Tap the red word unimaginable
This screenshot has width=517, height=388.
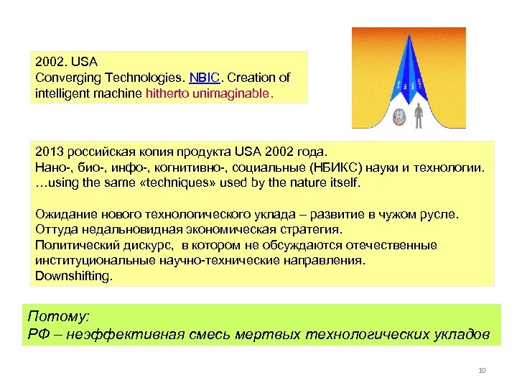point(235,93)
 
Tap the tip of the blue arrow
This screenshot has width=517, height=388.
point(409,36)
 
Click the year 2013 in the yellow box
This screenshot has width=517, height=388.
point(48,152)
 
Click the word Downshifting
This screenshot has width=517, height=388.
point(74,275)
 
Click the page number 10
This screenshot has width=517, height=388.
point(481,371)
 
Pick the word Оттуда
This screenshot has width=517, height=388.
point(56,230)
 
